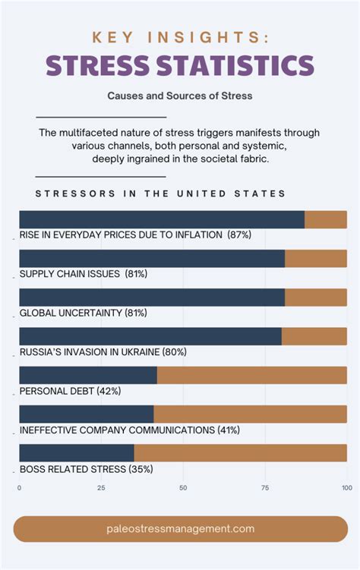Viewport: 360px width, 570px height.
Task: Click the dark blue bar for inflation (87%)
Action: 161,219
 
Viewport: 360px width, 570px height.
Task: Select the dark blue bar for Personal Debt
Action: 87,375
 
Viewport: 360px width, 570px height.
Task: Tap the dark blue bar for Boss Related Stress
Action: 76,453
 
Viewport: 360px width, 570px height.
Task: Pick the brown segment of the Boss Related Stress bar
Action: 240,453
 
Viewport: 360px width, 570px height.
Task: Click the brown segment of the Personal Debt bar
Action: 251,375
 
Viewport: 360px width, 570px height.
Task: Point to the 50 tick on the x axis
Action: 183,488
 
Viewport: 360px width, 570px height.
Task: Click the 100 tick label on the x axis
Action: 346,488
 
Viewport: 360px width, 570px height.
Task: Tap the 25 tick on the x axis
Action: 101,488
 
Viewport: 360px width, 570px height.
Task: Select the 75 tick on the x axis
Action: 265,488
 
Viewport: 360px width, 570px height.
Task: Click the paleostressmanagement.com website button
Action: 180,529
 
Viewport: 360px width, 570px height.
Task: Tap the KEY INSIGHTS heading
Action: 180,37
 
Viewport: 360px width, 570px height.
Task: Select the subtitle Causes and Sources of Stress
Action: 180,96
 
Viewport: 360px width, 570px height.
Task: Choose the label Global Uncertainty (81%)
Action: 84,313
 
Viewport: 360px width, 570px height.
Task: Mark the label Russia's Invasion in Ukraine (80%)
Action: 103,352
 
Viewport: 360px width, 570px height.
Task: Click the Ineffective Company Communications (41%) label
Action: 129,430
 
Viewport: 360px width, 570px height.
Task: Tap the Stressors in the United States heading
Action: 161,194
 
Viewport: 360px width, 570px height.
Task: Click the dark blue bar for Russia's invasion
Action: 150,336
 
